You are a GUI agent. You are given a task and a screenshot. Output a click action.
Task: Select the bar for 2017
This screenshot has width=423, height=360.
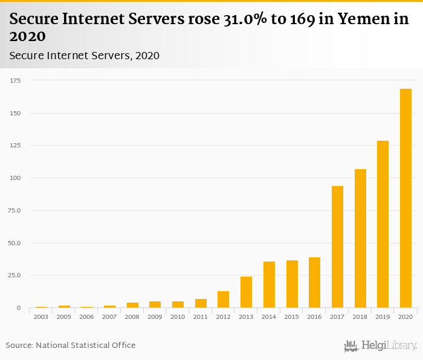(x=337, y=247)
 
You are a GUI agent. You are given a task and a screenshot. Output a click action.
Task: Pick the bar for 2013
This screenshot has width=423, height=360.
(x=246, y=292)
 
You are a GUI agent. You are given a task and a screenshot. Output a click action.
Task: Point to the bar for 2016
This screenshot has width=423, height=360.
(x=314, y=283)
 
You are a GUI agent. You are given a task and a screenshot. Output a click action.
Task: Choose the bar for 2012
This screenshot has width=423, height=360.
(x=224, y=300)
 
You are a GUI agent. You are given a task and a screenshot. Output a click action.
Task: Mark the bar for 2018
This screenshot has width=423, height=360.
(x=360, y=239)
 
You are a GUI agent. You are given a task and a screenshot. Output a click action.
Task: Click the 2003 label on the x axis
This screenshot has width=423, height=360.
(x=41, y=317)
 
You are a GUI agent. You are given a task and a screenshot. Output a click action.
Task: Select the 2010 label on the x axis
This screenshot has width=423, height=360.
(x=178, y=317)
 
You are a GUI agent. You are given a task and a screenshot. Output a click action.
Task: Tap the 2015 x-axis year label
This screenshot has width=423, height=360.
(x=292, y=317)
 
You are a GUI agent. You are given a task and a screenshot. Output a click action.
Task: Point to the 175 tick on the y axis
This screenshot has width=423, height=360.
(x=15, y=80)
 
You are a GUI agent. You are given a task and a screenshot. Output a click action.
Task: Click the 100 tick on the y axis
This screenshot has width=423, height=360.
(x=15, y=178)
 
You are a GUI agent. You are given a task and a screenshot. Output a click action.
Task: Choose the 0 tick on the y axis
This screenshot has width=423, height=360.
(x=19, y=308)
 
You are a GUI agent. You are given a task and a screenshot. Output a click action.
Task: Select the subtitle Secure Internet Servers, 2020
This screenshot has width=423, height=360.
(x=85, y=56)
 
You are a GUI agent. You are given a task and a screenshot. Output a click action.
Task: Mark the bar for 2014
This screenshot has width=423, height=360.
(x=269, y=284)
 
